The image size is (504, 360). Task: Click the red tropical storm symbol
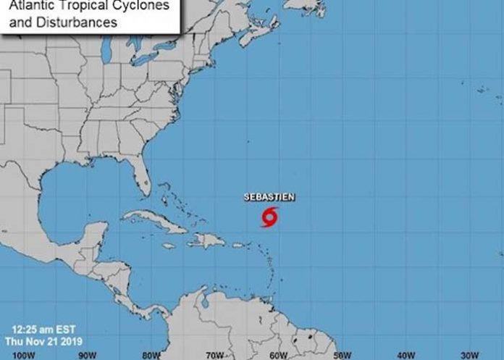coord(269,216)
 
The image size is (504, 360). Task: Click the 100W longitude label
coord(24,354)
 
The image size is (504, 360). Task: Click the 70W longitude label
coord(213,354)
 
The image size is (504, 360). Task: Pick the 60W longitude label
coord(276,354)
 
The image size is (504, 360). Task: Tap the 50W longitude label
coord(339,354)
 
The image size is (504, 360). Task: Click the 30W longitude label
coord(465,354)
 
